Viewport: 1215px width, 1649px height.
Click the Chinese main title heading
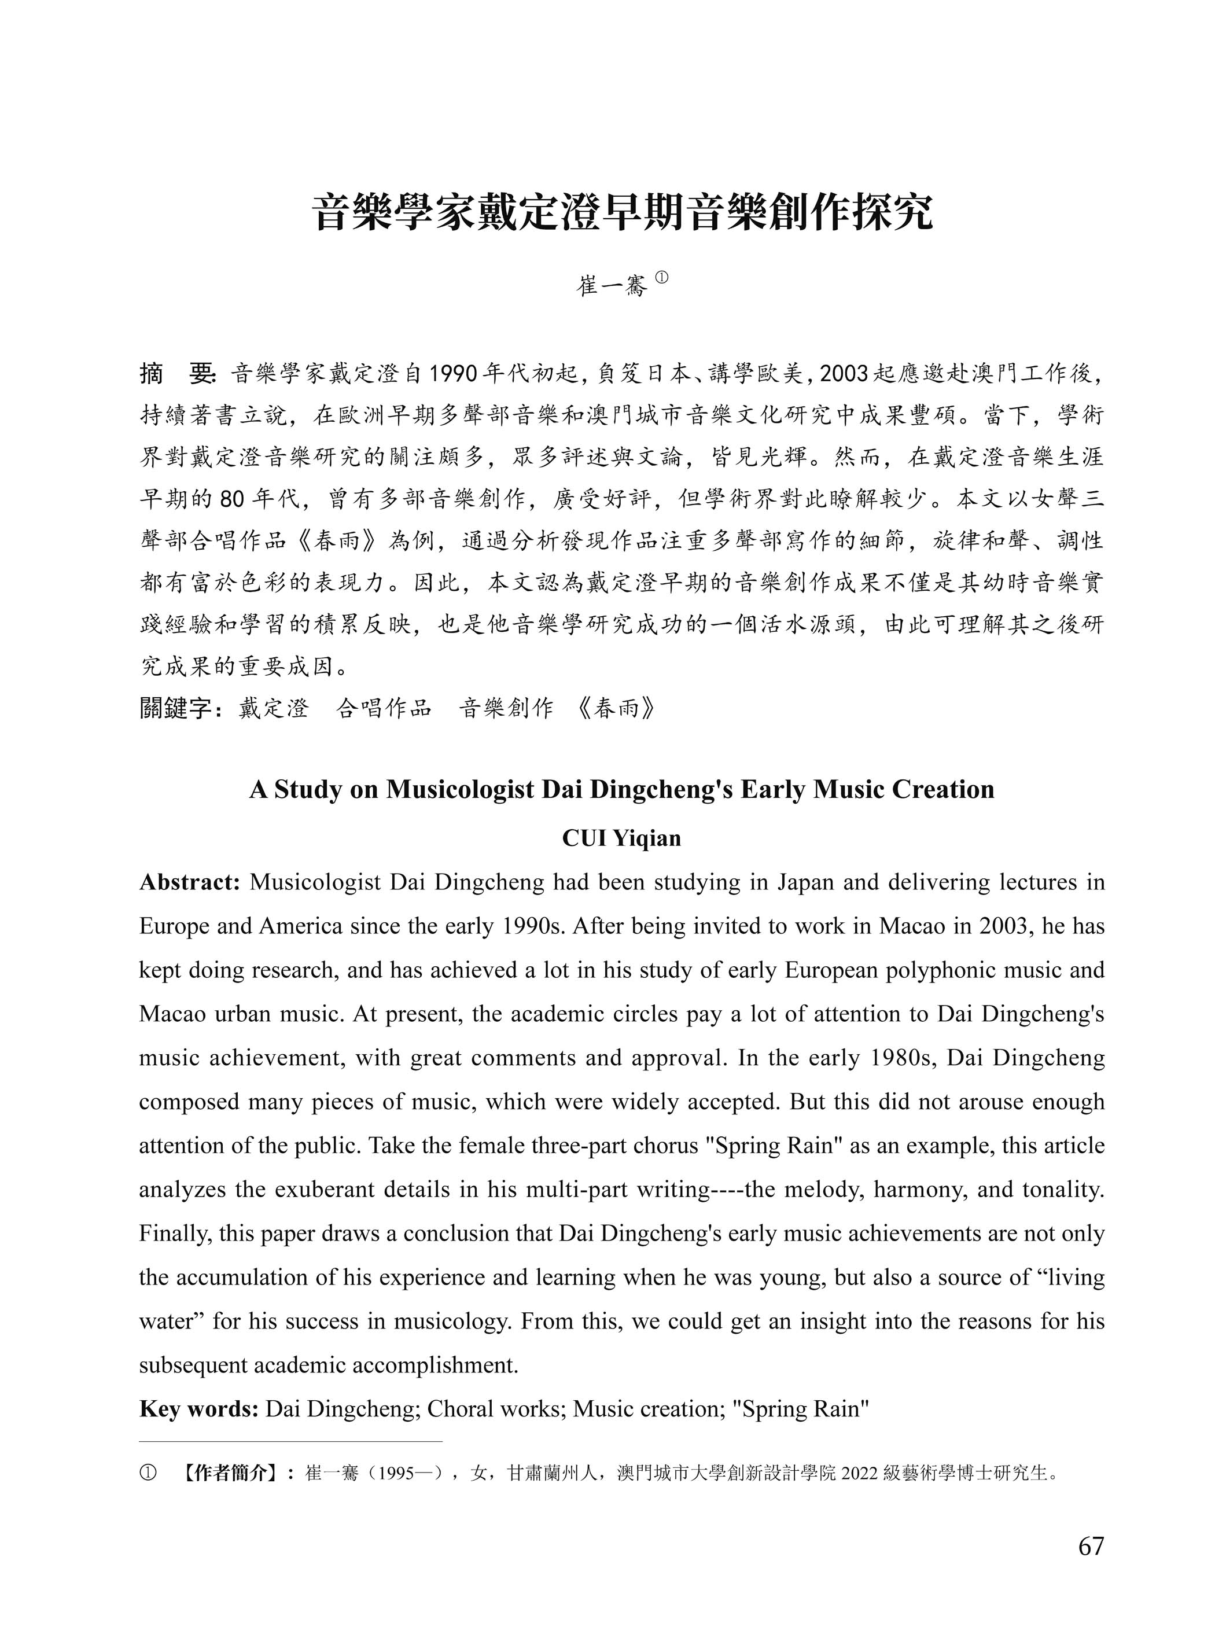(x=622, y=214)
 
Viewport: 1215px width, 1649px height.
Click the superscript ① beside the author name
(x=661, y=277)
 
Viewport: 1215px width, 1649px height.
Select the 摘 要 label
(x=176, y=374)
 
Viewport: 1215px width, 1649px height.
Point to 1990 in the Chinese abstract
(x=452, y=374)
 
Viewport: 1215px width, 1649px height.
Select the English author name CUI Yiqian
(x=621, y=838)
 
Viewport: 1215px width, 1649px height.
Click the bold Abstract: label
(x=190, y=882)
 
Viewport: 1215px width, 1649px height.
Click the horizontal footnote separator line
(x=290, y=1442)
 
